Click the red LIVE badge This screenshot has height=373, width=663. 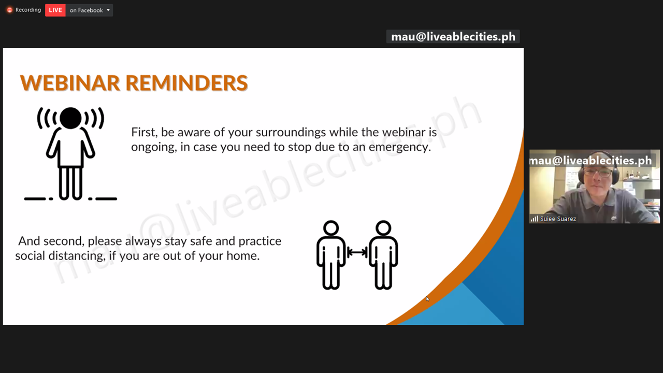tap(55, 10)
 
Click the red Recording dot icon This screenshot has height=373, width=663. tap(9, 10)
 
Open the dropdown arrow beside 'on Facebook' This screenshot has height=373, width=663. tap(108, 10)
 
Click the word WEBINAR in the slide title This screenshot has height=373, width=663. tap(70, 83)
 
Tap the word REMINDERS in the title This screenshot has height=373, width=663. tap(187, 83)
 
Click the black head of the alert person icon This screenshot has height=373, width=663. tap(70, 118)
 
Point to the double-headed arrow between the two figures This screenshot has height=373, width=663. tap(357, 252)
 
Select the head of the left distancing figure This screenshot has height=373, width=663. tap(331, 228)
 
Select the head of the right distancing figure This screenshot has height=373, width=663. tap(383, 228)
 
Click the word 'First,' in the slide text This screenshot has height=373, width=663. tap(144, 132)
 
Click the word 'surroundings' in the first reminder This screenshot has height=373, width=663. tap(291, 133)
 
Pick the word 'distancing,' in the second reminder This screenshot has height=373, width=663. tap(77, 256)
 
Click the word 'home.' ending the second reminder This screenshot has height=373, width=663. tap(243, 256)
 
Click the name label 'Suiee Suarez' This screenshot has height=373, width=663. tap(558, 219)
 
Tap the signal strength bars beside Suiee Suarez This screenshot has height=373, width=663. tap(534, 219)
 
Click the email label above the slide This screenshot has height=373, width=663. tap(453, 37)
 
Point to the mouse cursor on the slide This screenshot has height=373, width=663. tap(427, 299)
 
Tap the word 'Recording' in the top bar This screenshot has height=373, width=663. tap(28, 10)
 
